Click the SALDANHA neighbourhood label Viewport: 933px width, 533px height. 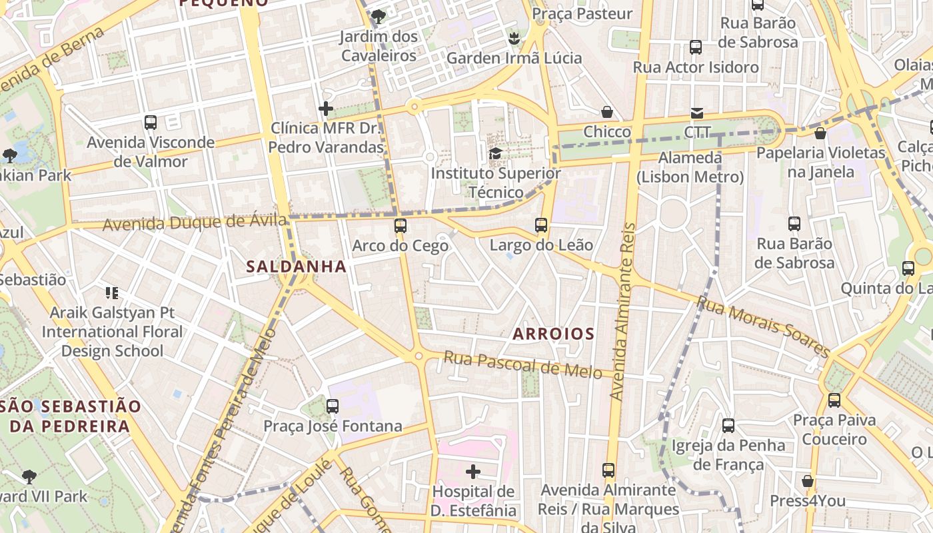(297, 266)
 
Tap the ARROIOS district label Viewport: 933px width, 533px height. (553, 334)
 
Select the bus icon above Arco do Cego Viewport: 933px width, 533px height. (400, 226)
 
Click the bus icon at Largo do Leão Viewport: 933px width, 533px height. (541, 225)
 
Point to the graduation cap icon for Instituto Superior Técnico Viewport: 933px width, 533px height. (495, 154)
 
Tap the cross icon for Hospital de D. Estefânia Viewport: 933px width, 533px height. (473, 472)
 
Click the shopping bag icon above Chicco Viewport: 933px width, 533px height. (606, 112)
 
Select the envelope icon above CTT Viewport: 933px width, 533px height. (697, 113)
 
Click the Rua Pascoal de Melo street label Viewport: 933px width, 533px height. (522, 365)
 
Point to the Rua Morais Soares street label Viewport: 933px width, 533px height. (763, 326)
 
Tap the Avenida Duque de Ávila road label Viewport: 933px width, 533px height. (195, 222)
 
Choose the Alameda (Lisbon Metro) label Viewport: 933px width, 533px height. (690, 167)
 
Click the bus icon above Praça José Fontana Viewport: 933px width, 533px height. (332, 406)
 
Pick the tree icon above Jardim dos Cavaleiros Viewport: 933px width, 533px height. (379, 16)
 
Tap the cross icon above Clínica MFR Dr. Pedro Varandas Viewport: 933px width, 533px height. (326, 108)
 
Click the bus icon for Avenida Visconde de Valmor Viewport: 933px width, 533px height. (151, 123)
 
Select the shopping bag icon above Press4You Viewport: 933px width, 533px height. (808, 481)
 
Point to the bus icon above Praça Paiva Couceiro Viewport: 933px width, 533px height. (834, 400)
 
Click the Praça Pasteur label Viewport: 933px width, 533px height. (582, 13)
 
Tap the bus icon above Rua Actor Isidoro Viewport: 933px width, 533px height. (696, 47)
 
